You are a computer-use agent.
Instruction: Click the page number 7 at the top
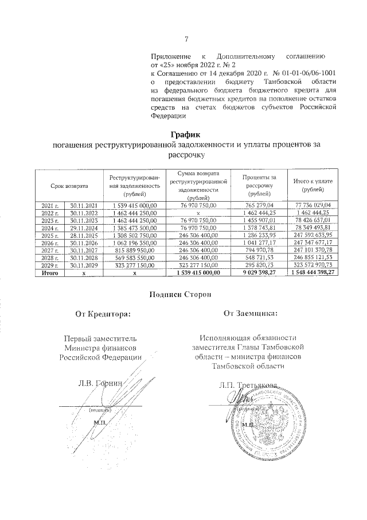(186, 39)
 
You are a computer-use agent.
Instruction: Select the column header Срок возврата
(69, 186)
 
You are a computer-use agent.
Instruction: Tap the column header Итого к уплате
(313, 186)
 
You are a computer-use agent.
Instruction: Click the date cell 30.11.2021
(84, 205)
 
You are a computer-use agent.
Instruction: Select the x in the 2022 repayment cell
(198, 213)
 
